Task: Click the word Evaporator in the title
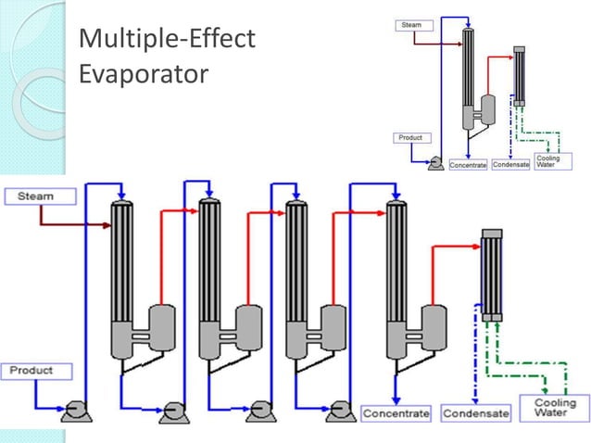[143, 73]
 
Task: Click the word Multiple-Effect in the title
[166, 39]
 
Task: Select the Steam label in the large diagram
[32, 196]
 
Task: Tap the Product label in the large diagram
[31, 371]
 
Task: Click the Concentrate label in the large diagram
[396, 413]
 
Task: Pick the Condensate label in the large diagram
[476, 413]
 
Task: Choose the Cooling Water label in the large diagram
[555, 408]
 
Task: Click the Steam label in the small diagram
[411, 25]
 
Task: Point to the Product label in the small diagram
[409, 138]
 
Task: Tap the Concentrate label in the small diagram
[468, 165]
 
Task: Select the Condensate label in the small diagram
[509, 165]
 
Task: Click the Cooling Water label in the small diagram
[548, 161]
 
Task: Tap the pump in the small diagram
[434, 162]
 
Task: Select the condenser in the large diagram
[491, 275]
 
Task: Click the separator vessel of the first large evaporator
[163, 326]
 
